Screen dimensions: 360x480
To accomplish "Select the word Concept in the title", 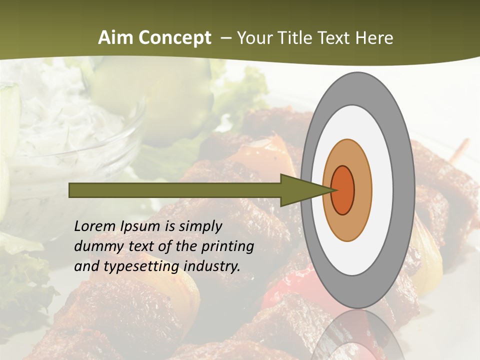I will (x=174, y=38).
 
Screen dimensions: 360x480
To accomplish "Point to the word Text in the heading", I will (x=336, y=38).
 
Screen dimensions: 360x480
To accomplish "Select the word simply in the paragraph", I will (x=199, y=227).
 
